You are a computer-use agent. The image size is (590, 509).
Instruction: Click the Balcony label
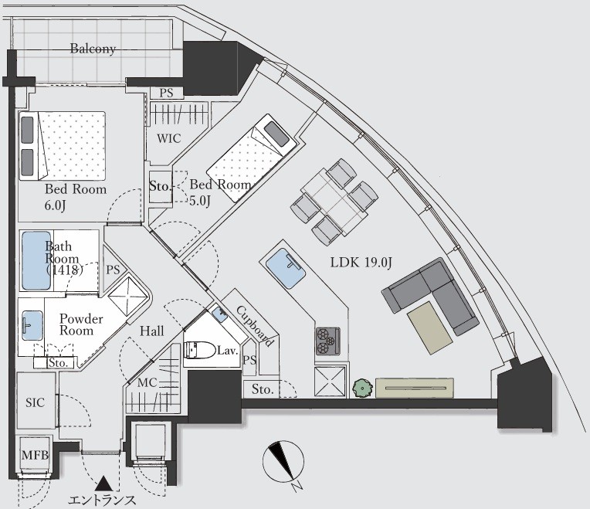pos(93,49)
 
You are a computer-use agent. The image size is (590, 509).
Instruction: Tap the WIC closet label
pos(168,138)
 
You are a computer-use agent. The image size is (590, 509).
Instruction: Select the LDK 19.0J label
pos(361,262)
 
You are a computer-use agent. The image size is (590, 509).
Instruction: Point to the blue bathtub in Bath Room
pos(36,260)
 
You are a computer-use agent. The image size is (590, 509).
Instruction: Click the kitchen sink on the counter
pos(286,268)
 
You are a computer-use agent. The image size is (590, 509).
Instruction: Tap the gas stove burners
pos(327,341)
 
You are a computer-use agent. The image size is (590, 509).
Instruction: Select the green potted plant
pos(362,388)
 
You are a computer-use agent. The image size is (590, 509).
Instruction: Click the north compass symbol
pos(283,462)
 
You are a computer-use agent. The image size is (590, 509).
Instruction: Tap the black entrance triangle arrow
pos(103,484)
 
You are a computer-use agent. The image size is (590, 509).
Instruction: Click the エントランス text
pos(102,501)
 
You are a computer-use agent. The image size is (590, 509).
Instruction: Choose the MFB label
pos(35,455)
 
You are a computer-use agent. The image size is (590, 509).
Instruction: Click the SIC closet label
pos(35,402)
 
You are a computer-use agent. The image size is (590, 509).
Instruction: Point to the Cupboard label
pos(254,326)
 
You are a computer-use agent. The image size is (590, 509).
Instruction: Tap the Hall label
pos(152,331)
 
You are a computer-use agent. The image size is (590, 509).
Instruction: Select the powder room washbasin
pos(32,325)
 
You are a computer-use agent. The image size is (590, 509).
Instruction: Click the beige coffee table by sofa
pos(429,327)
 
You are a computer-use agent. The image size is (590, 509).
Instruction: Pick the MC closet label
pos(147,382)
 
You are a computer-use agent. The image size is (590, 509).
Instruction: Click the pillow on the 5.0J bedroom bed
pos(276,134)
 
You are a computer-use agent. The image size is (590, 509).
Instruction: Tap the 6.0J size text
pos(56,205)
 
